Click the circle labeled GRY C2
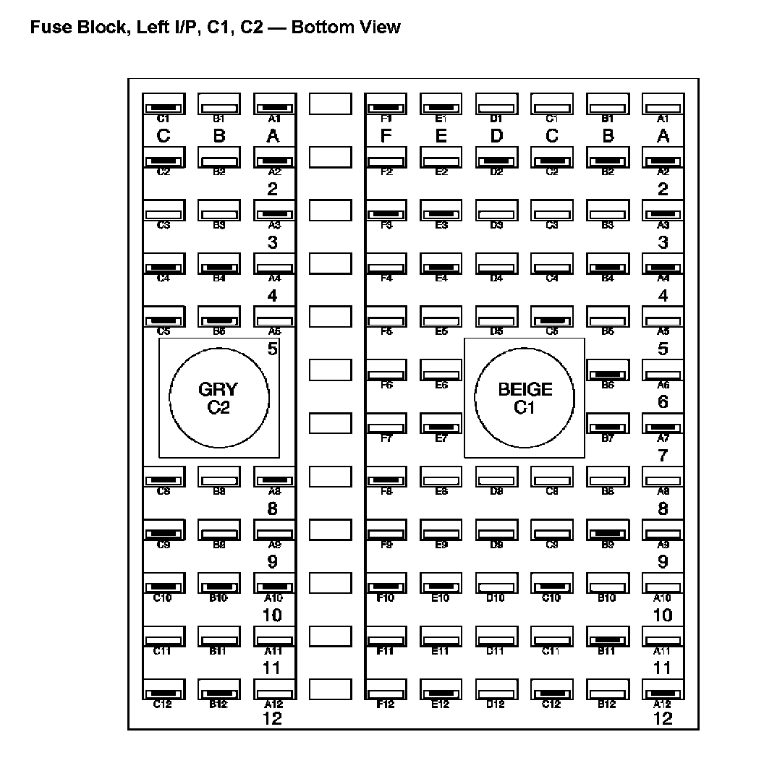coord(218,398)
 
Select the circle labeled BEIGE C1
coord(525,398)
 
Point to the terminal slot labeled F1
coord(386,104)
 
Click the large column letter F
coord(386,136)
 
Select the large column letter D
coord(496,136)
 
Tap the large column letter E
coord(441,136)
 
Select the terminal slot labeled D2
coord(496,158)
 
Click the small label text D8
coord(496,492)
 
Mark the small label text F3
coord(386,226)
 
